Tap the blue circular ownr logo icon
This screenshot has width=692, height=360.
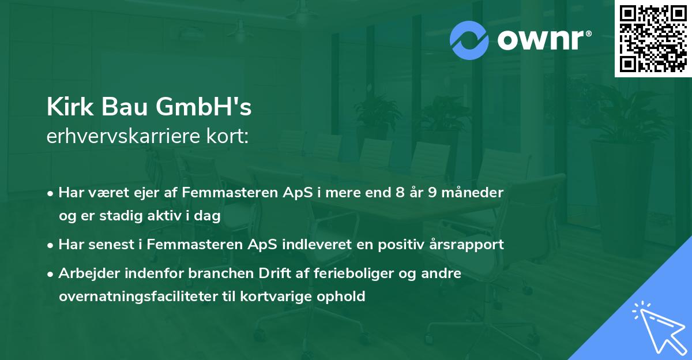tap(469, 40)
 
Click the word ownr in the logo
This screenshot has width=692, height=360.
tap(543, 40)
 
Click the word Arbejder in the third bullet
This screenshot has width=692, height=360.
tap(85, 273)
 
